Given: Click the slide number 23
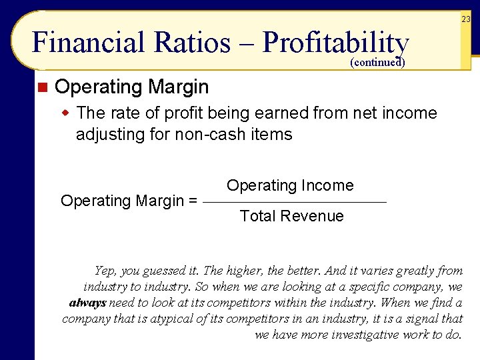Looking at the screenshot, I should click(x=465, y=20).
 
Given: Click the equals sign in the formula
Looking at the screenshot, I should click(x=193, y=201).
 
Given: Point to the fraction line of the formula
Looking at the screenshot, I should click(x=294, y=201).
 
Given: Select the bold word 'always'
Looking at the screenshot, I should click(x=87, y=303).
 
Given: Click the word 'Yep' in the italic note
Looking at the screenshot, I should click(x=105, y=271).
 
